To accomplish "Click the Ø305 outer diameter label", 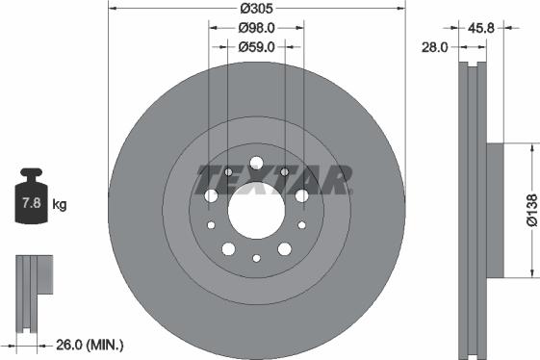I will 256,9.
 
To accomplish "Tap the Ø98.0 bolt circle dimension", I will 256,29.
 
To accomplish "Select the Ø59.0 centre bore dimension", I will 256,45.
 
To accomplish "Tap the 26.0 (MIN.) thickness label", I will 90,344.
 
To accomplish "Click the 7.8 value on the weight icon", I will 31,203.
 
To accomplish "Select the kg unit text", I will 60,204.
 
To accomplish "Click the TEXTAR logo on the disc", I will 274,179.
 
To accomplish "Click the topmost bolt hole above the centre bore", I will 256,163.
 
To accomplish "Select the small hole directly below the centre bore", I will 256,258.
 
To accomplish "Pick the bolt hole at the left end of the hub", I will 212,196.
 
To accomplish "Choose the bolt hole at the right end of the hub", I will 301,196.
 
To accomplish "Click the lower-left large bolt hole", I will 228,248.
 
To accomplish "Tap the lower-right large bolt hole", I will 284,248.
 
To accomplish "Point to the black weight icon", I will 31,199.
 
